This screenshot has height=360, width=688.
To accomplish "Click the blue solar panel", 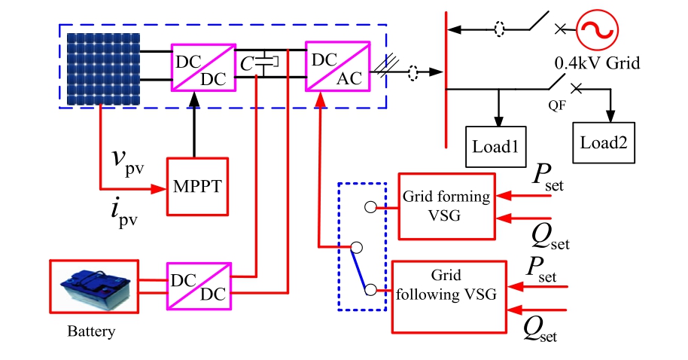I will pos(102,69).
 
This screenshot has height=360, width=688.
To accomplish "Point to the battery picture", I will pos(95,287).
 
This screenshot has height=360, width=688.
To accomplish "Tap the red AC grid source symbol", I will pos(596,30).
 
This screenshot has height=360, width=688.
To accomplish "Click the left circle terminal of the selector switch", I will pos(358,247).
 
